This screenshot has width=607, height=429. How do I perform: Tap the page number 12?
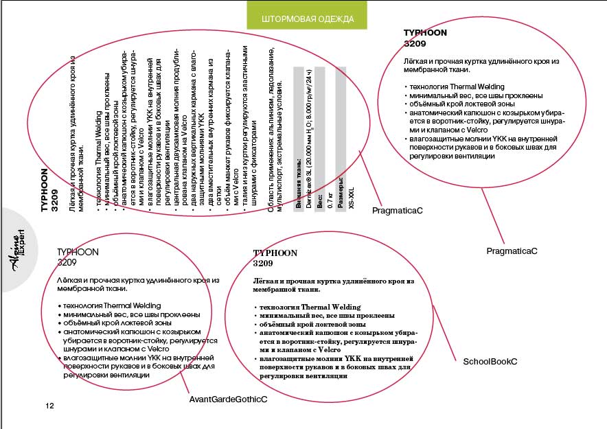point(49,406)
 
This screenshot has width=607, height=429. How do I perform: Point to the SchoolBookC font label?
point(490,361)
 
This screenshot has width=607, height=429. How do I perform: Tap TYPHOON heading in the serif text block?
point(275,253)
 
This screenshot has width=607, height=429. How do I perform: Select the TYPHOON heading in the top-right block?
point(425,32)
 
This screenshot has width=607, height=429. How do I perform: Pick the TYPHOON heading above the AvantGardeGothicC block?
point(78,252)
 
